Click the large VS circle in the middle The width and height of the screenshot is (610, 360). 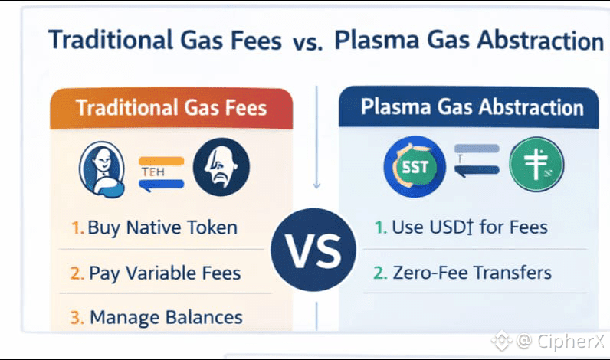click(313, 250)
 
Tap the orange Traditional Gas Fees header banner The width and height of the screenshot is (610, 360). click(171, 109)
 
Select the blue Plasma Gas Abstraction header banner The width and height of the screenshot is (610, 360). click(468, 107)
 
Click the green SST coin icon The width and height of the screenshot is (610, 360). click(415, 167)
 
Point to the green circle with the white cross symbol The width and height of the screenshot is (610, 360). click(536, 164)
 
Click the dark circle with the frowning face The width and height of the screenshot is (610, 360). click(221, 167)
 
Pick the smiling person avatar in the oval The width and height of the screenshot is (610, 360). click(102, 169)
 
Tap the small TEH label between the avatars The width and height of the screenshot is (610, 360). click(153, 172)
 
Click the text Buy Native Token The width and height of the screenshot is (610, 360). click(162, 227)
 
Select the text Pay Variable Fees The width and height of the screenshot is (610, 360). click(165, 273)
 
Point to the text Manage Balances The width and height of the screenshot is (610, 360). click(166, 317)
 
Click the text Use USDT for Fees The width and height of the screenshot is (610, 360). click(470, 227)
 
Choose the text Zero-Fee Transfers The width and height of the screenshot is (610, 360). click(472, 273)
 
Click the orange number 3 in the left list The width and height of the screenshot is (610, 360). click(77, 318)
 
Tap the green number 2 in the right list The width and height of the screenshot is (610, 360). click(379, 273)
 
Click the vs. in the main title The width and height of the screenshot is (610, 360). click(308, 43)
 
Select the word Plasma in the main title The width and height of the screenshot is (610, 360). click(376, 40)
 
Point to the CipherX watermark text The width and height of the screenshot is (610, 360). click(570, 342)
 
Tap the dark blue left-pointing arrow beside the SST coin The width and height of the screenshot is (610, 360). click(477, 171)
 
